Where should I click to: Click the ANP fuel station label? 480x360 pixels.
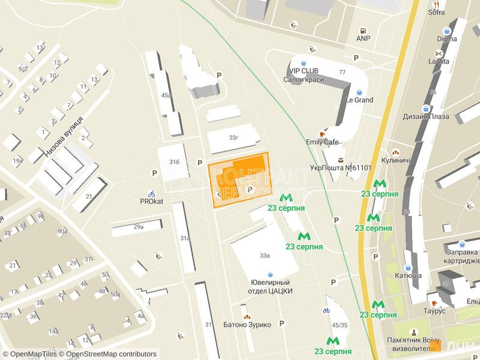pyautogui.click(x=363, y=38)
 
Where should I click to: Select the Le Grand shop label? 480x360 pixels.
pyautogui.click(x=359, y=100)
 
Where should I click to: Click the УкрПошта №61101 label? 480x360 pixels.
pyautogui.click(x=341, y=168)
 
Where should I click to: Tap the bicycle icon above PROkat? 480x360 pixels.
pyautogui.click(x=152, y=193)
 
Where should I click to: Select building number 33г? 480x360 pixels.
pyautogui.click(x=233, y=137)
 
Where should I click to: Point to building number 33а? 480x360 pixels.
pyautogui.click(x=265, y=256)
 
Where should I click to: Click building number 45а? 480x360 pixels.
pyautogui.click(x=166, y=95)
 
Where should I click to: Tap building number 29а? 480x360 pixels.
pyautogui.click(x=139, y=227)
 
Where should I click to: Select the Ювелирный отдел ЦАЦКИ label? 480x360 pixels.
pyautogui.click(x=271, y=286)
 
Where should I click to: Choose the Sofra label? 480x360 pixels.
pyautogui.click(x=436, y=11)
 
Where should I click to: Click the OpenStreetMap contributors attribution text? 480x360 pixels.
pyautogui.click(x=111, y=355)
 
